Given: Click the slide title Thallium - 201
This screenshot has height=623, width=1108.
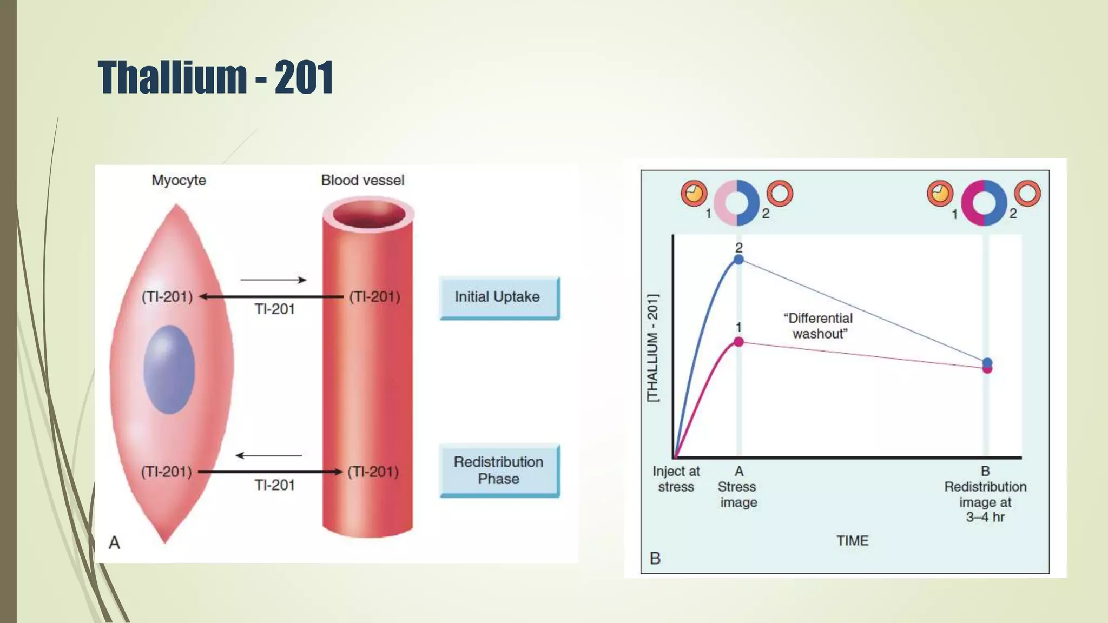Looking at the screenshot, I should [215, 77].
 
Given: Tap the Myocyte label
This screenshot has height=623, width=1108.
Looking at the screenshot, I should [179, 180].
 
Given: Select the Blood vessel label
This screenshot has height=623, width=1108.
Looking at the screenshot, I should [362, 180].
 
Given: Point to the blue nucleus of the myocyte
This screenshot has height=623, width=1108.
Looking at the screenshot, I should [169, 369].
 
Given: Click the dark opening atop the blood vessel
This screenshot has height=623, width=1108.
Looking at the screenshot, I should [369, 214].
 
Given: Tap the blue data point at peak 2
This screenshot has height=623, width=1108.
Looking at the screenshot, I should [738, 260].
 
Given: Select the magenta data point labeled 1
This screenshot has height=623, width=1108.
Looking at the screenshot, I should [738, 342].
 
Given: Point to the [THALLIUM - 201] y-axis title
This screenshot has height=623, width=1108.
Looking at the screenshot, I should [653, 348].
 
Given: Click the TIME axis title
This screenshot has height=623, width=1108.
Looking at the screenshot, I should [852, 541].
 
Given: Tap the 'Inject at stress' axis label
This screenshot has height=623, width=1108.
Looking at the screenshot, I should [676, 479].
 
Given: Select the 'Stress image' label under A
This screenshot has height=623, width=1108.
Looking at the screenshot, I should [738, 494].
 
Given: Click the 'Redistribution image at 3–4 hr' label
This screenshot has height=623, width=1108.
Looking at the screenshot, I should [985, 501].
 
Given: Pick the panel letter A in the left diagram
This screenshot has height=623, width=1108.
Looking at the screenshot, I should [114, 542].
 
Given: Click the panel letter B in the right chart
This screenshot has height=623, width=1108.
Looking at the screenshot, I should [655, 558].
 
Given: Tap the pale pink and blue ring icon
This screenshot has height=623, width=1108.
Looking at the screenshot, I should [736, 203].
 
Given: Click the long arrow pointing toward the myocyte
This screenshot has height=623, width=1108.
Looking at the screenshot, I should [271, 296].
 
